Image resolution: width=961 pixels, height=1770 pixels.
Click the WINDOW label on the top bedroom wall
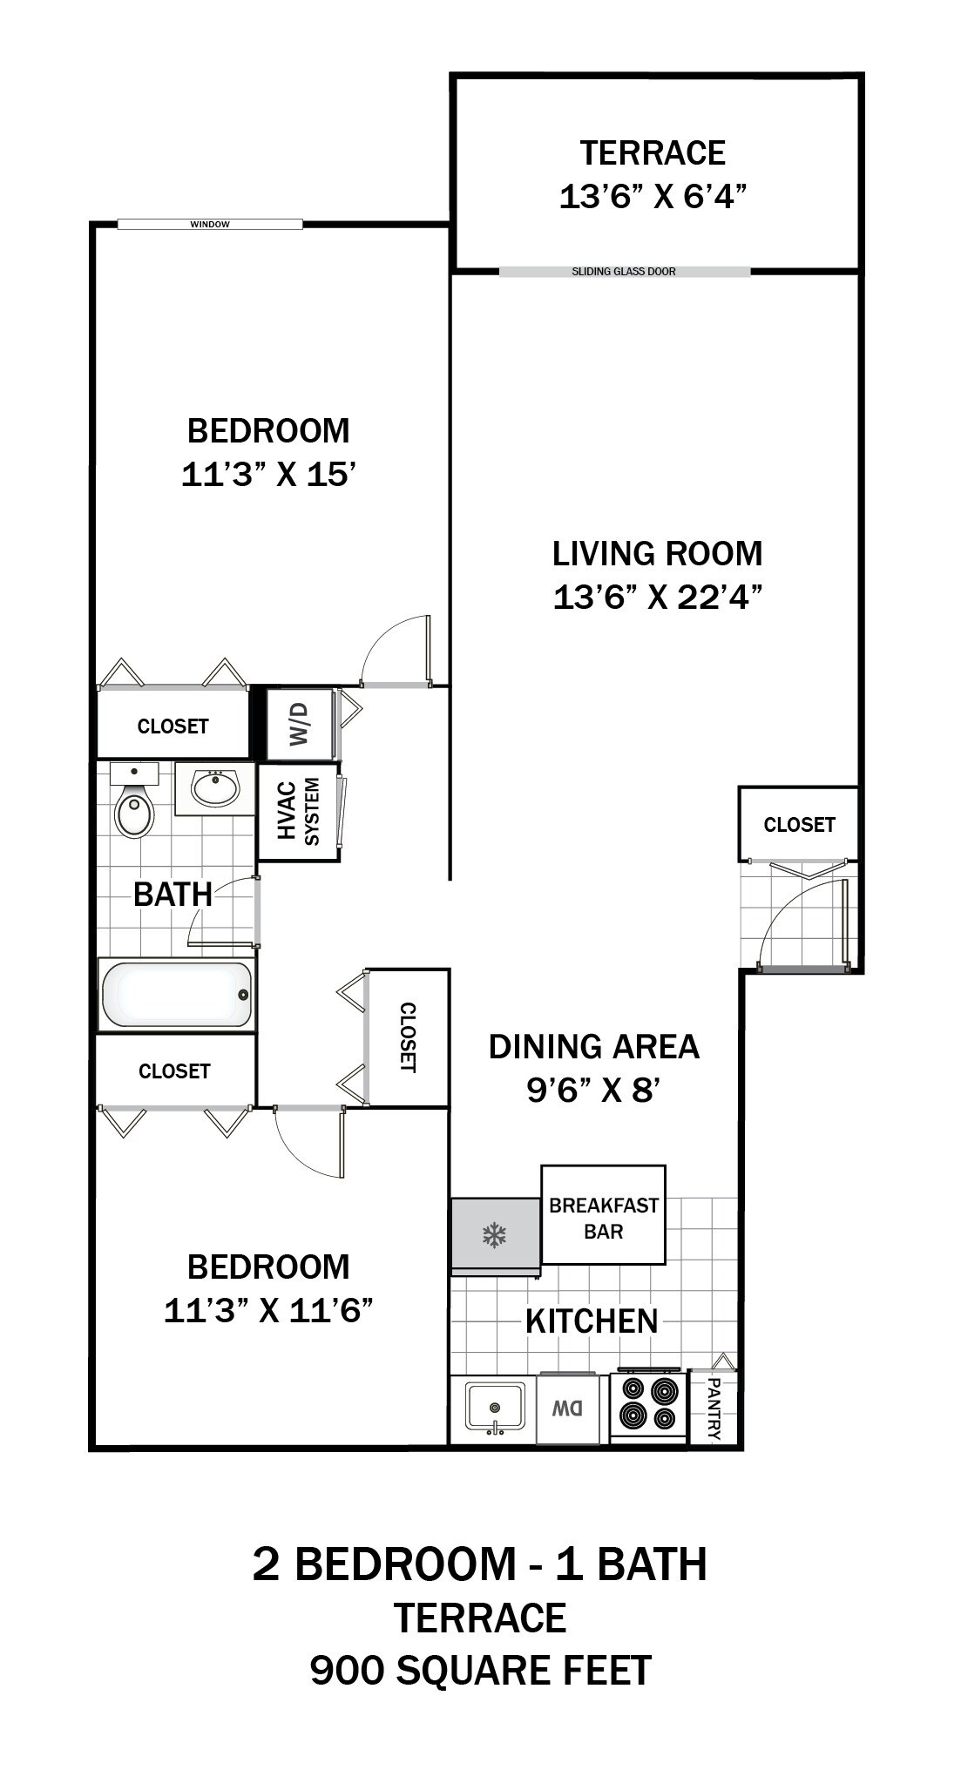pyautogui.click(x=210, y=225)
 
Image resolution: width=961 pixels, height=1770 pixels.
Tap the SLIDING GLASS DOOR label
pyautogui.click(x=624, y=272)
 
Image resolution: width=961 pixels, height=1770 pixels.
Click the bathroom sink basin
pyautogui.click(x=214, y=789)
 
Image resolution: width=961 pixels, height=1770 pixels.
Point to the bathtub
pyautogui.click(x=176, y=995)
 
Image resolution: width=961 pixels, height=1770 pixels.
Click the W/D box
pyautogui.click(x=300, y=724)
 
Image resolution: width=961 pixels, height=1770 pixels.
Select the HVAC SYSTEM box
pyautogui.click(x=298, y=812)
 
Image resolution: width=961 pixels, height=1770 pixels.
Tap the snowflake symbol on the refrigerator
pyautogui.click(x=495, y=1234)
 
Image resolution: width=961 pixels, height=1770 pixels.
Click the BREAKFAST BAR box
pyautogui.click(x=603, y=1217)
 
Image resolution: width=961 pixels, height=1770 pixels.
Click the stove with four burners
pyautogui.click(x=647, y=1405)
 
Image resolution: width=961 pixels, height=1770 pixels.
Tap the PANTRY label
pyautogui.click(x=714, y=1408)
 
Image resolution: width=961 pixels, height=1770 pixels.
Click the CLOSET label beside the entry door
pyautogui.click(x=799, y=824)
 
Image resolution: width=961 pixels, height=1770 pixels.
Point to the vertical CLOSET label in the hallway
pyautogui.click(x=407, y=1037)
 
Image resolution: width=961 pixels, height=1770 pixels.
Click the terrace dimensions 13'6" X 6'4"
pyautogui.click(x=653, y=197)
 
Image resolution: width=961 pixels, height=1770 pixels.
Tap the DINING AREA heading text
pyautogui.click(x=593, y=1046)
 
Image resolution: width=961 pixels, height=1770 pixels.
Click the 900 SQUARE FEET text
pyautogui.click(x=480, y=1671)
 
